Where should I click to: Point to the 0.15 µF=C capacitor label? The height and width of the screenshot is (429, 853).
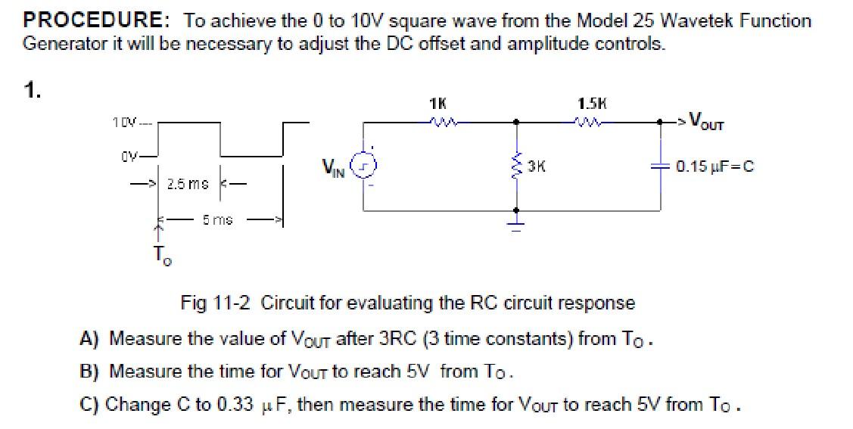(x=714, y=166)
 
